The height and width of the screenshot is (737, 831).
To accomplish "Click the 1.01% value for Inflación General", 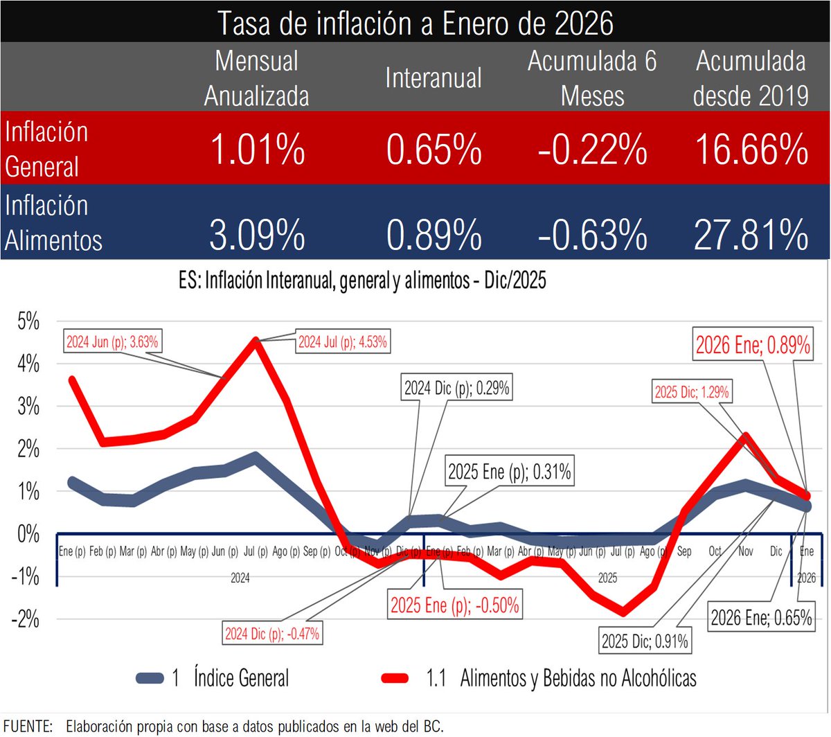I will [257, 149].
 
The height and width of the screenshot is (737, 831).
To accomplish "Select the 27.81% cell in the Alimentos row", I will [751, 234].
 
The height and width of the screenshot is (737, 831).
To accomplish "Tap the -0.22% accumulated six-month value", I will [592, 149].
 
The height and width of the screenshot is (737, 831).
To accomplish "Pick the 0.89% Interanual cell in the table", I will [434, 234].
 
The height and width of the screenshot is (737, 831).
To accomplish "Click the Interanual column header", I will [434, 78].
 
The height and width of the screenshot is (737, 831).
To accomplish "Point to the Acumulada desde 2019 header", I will [751, 78].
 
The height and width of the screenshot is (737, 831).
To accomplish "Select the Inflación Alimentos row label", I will [54, 222].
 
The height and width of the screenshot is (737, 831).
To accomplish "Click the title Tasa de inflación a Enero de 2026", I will [415, 22].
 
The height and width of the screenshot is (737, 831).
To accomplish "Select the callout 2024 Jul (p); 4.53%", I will [342, 342].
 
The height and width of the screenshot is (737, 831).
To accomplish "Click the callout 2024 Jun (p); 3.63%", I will [112, 342].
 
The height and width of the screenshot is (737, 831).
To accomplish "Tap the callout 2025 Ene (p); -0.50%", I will [454, 605].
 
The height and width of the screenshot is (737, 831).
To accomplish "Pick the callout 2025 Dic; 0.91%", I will [645, 641].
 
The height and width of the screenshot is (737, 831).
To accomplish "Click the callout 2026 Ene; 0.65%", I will [761, 617].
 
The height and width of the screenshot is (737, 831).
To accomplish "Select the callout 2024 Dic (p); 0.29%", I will [456, 389].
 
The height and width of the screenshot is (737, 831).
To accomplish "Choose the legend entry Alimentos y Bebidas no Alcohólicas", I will [578, 677].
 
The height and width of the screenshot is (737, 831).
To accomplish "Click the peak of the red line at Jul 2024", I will [256, 341].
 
